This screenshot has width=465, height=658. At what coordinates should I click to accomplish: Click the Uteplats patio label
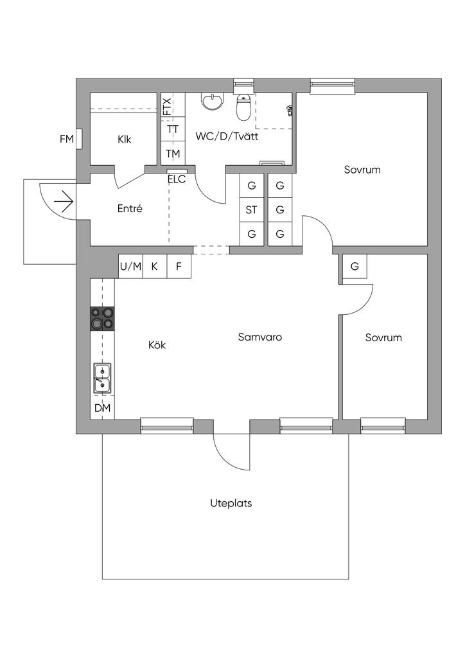point(231,503)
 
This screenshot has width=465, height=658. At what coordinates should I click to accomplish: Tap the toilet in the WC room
point(243,107)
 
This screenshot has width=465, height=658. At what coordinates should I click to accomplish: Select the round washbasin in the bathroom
point(212,101)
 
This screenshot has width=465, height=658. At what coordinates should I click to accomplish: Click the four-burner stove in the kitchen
point(102,319)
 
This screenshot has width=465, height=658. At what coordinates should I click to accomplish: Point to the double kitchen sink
point(102,378)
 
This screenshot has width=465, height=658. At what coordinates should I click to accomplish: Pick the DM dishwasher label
point(102,407)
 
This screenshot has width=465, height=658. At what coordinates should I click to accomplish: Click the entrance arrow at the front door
point(64,202)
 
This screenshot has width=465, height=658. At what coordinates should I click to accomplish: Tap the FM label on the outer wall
point(67,139)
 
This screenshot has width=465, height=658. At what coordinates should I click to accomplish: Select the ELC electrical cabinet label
point(177,179)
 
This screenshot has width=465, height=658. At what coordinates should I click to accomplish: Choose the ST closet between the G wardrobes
point(252,209)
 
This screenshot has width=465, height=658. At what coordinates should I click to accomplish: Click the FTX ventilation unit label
point(167,107)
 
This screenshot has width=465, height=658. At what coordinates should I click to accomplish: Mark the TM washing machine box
point(173,154)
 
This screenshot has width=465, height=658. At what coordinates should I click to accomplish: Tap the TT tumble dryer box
point(173,129)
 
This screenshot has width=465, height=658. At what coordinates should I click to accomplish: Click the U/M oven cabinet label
point(131,267)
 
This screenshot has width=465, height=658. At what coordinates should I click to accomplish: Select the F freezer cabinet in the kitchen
point(179,267)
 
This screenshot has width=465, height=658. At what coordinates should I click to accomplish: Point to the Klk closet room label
point(125,139)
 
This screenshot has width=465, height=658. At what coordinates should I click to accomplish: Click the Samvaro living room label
point(260,337)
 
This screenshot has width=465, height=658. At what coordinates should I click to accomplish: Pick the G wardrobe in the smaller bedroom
point(355,266)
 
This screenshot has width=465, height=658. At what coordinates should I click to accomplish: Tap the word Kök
point(157,345)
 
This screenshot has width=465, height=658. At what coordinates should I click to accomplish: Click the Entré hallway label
point(130,208)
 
